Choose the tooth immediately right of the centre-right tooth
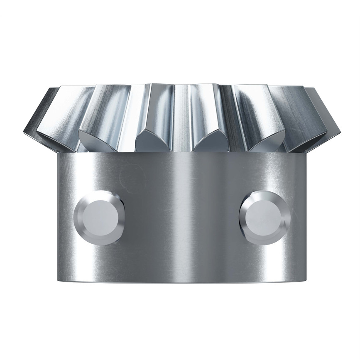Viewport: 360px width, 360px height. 257,116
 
